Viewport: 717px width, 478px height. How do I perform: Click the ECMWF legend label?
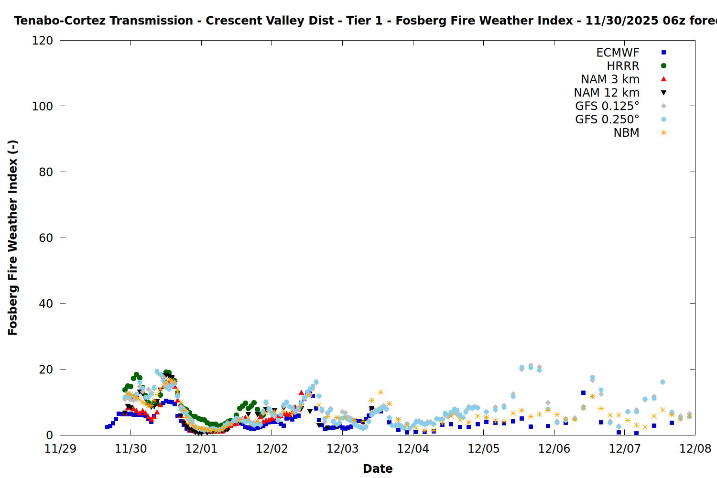pos(618,53)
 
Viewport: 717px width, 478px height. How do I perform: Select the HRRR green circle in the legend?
pos(663,66)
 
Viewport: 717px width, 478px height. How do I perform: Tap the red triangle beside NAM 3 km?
pos(663,79)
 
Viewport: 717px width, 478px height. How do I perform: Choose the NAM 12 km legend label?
pos(607,93)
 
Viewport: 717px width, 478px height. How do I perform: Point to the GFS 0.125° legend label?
pos(607,106)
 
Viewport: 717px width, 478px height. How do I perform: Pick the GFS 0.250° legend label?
pos(607,119)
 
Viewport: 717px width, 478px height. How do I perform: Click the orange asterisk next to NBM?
pos(663,133)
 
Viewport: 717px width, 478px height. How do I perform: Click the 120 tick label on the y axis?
pos(43,41)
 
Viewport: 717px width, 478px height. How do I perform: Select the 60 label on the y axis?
pos(46,238)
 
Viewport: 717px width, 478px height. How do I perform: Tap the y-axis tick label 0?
pos(49,435)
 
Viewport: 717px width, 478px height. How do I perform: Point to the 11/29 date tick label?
pos(60,449)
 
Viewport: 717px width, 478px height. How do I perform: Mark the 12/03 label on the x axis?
pos(342,449)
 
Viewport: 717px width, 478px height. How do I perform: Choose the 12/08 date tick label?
pos(695,449)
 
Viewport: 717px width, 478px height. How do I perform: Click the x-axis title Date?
pos(378,468)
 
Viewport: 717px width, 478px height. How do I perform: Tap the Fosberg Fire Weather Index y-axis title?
pos(13,238)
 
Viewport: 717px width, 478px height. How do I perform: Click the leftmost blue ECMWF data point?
pos(107,427)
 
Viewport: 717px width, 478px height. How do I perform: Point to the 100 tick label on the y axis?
pos(43,106)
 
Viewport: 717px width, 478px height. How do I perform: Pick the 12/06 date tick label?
pos(554,449)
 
